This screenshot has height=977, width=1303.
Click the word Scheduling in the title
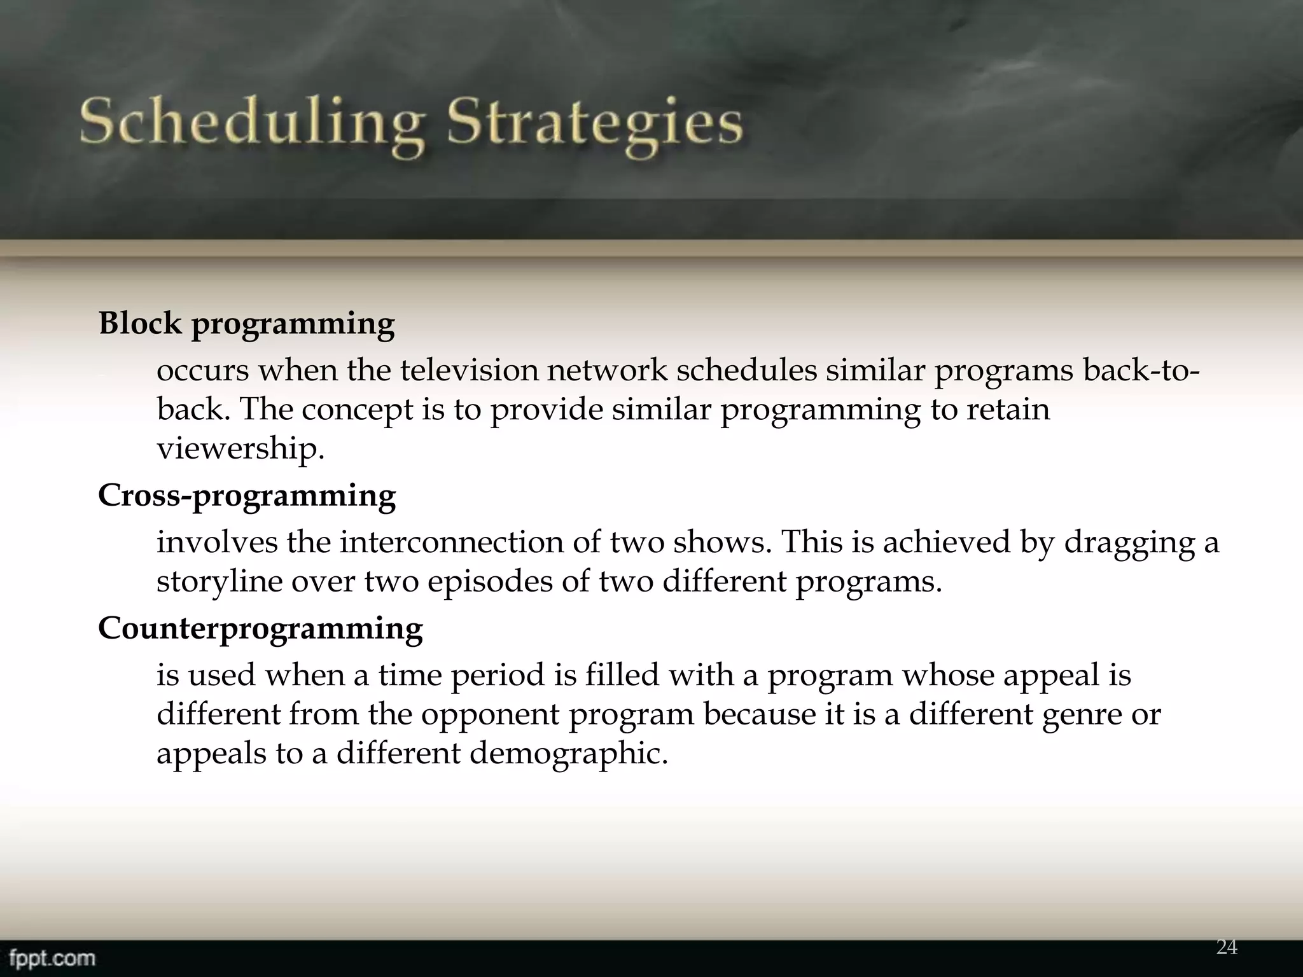coord(252,124)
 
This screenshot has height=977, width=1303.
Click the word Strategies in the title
coord(594,124)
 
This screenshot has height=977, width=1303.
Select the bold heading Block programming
coord(246,324)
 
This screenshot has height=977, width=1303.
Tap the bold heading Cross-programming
coord(246,496)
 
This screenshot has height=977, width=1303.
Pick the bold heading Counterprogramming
coord(260,629)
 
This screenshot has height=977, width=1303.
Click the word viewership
coord(240,449)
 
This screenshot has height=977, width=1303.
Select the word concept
coord(357,410)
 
